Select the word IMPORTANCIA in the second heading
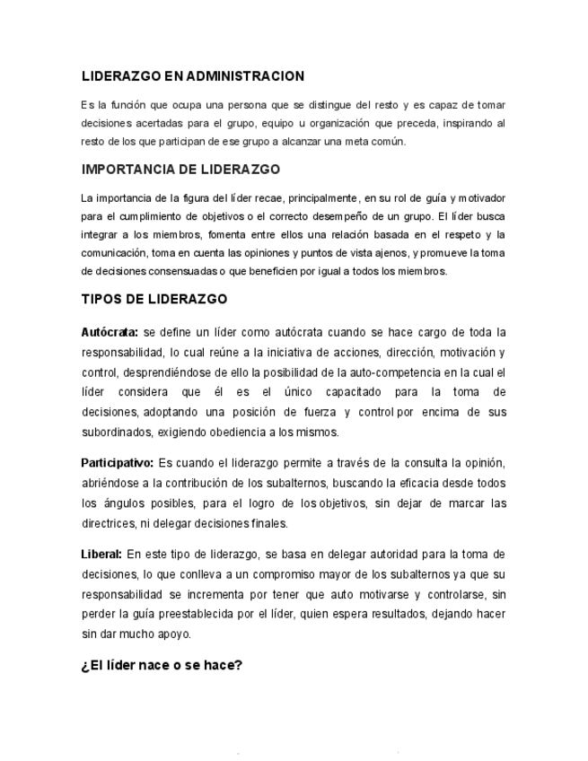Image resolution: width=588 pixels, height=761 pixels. point(127,169)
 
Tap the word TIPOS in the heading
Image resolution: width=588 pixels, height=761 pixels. point(101,299)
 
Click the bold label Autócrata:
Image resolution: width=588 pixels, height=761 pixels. point(110,332)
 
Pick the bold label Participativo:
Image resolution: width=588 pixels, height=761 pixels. point(117,463)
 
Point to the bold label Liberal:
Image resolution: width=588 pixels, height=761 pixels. point(101,554)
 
